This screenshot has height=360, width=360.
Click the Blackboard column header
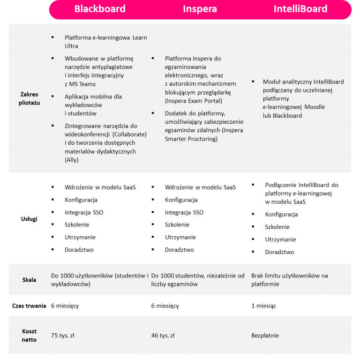coord(100,9)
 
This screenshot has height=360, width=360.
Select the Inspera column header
coord(200,9)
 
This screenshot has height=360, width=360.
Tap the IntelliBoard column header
coord(300,9)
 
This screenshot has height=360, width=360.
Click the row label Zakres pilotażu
coord(30,98)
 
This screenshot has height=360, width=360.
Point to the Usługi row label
coord(29,218)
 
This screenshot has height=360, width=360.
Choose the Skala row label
coord(29,280)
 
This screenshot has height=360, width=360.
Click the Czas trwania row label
coord(29,306)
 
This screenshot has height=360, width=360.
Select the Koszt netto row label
coord(29,335)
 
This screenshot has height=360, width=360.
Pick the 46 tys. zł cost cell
coord(163,335)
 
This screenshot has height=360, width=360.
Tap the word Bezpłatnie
coord(265,335)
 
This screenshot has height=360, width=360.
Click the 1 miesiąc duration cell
coord(264,306)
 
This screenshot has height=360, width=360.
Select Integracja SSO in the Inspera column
coord(184,212)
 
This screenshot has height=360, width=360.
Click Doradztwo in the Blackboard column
coord(79,250)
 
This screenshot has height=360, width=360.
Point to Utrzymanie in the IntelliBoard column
coord(280,240)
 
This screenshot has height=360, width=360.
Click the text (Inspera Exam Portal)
coord(194,101)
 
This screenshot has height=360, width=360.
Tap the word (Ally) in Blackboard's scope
coord(72,160)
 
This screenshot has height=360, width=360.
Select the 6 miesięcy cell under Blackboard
coord(65,306)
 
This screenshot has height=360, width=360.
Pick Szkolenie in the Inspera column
coord(177,225)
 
